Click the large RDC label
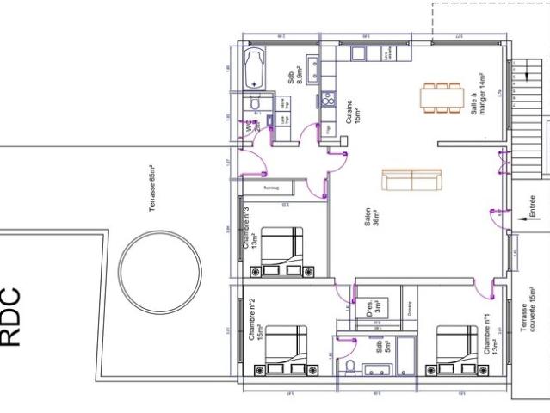[10, 317]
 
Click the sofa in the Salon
[411, 180]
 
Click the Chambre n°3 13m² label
[250, 228]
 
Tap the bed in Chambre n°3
[281, 252]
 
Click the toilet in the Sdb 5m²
[349, 369]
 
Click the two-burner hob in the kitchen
[327, 101]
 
